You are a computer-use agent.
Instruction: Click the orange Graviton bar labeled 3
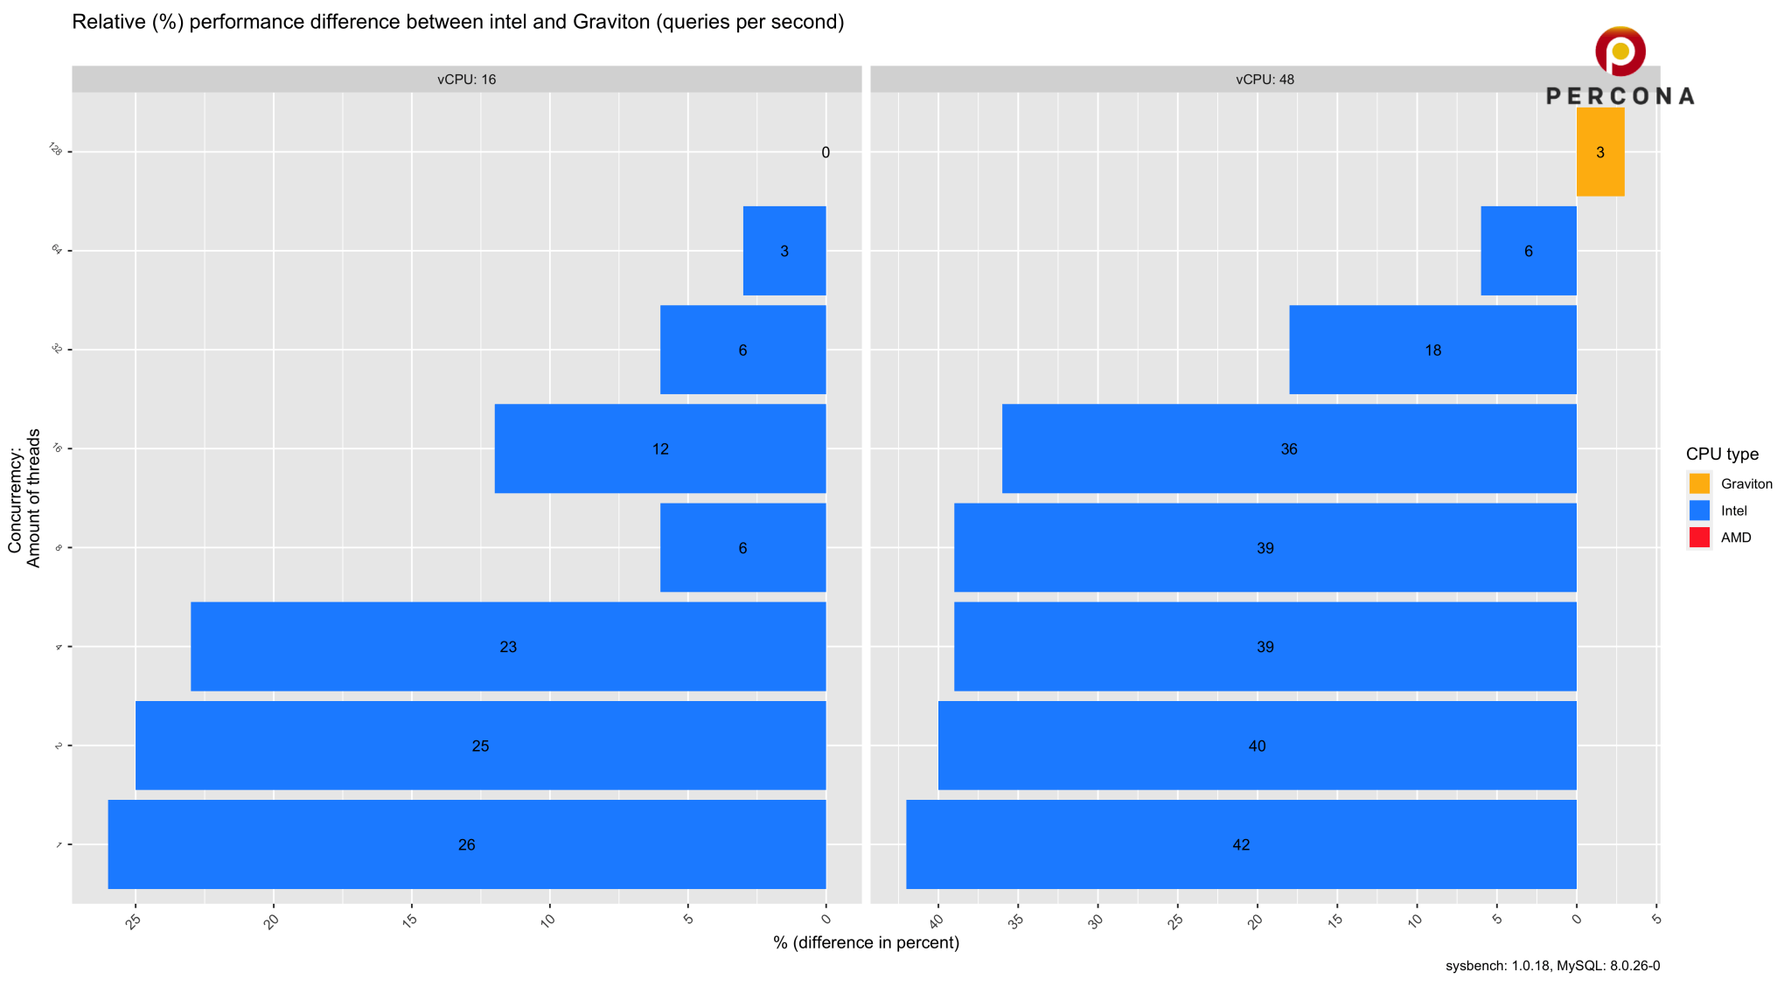pos(1599,152)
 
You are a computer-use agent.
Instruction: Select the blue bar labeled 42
pos(1241,844)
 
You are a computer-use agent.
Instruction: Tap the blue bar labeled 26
pos(466,844)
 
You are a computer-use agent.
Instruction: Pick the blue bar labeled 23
pos(508,647)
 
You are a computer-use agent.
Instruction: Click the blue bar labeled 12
pos(660,448)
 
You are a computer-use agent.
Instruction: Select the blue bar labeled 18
pos(1432,350)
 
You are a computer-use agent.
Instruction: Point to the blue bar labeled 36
pos(1289,448)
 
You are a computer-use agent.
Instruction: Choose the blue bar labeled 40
pos(1257,746)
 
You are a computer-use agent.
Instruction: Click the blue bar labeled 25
pos(480,746)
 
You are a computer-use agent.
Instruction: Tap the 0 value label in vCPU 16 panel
pos(826,153)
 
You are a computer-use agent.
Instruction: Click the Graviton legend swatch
pos(1699,483)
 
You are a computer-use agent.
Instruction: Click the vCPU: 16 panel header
pos(466,80)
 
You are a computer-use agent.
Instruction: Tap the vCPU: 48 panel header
pos(1265,80)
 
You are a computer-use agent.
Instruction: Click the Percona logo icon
pos(1620,52)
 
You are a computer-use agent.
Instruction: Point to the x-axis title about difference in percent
pos(866,942)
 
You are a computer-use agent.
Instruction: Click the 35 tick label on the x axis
pos(1015,921)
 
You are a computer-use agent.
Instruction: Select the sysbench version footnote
pos(1552,966)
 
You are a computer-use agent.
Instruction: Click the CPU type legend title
pos(1722,454)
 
